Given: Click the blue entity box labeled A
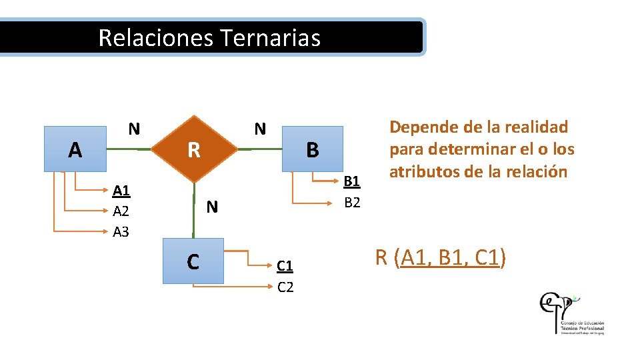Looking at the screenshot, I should coord(75,149).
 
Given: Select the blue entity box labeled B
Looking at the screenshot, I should coord(312,149).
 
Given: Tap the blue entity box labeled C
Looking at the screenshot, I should coord(193,261).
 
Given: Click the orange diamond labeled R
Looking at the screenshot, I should coord(193,150).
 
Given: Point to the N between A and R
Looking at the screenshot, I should coord(134,129).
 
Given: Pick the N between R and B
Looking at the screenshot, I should coord(260,129).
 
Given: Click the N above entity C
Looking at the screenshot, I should coord(212,207).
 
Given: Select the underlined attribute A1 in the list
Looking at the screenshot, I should coord(121,191).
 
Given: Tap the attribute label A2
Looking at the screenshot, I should coord(121,211).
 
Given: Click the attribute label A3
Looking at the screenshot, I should coord(121,231).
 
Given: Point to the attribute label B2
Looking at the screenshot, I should coord(351,202).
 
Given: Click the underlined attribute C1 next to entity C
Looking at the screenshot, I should coord(285,267).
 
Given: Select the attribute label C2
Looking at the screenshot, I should coord(285,287).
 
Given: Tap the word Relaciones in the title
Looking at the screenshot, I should coord(155,37).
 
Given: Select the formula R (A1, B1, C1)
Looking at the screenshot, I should coord(441,257).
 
